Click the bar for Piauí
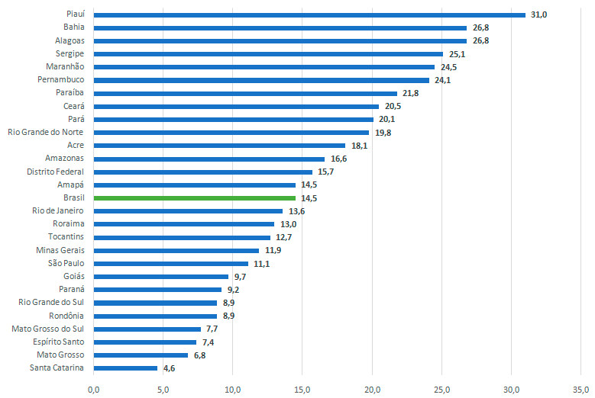(x=309, y=14)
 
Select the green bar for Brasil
(x=195, y=197)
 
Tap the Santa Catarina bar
(x=125, y=368)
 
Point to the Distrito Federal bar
(x=203, y=172)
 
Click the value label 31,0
(x=539, y=14)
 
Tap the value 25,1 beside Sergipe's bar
(x=456, y=54)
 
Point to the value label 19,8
(x=382, y=133)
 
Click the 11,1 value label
(x=261, y=264)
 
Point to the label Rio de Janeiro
(x=58, y=210)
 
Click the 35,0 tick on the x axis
(x=580, y=390)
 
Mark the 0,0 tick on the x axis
(x=94, y=390)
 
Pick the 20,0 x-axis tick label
(x=372, y=390)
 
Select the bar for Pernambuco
(x=261, y=80)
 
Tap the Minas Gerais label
(x=60, y=250)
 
